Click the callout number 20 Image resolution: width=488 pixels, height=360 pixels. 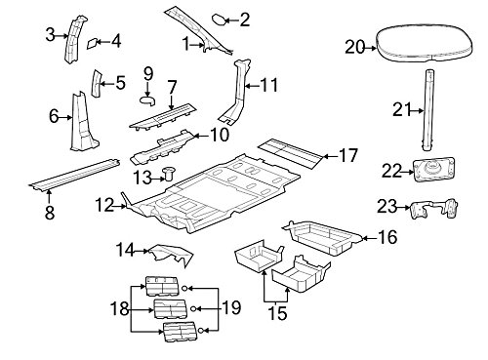point(354,47)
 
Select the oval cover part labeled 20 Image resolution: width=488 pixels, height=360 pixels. point(424,42)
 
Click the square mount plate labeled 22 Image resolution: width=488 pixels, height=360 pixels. point(434,169)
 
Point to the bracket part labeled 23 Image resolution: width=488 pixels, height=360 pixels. point(434,209)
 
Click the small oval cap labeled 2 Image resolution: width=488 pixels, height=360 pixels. point(219,20)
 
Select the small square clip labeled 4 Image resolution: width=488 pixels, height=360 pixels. point(92,43)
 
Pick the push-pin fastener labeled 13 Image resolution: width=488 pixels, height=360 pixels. point(169,173)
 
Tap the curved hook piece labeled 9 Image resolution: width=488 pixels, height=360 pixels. point(148,100)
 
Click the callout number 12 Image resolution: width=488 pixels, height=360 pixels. point(104,206)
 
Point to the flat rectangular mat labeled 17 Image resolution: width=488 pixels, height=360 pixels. point(291,153)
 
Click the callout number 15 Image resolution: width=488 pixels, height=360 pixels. point(277,313)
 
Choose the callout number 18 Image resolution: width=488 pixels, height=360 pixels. point(120,308)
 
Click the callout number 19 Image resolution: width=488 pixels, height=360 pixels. point(231,307)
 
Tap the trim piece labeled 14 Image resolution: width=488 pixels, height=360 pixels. point(171,254)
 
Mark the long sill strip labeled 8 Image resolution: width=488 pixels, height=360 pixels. point(74,173)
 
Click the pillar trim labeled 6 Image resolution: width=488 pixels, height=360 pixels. point(84,122)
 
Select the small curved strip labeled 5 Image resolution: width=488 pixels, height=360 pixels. point(97,83)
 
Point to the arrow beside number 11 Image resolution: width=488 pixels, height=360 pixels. point(252,86)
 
